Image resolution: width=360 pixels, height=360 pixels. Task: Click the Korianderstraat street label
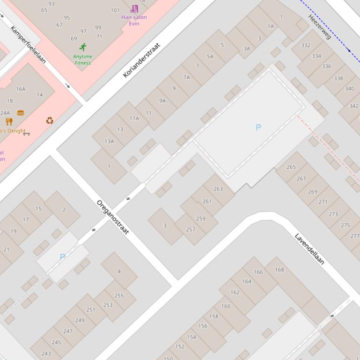pos(141,60)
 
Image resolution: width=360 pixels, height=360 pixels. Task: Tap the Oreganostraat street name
pos(112,217)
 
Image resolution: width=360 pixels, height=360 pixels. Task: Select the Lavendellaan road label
pos(309,249)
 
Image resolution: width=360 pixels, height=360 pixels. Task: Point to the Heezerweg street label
pos(320,27)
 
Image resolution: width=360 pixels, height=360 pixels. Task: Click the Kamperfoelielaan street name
pos(29,44)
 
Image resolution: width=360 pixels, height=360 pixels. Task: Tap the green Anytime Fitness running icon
pos(83,47)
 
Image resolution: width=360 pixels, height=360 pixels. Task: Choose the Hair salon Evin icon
pos(134,8)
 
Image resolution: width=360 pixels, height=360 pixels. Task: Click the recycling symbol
pos(50,121)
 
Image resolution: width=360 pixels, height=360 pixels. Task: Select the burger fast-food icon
pos(21,113)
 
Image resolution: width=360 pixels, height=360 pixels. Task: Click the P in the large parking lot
pos(258,127)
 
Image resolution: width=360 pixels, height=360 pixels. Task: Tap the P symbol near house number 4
pos(62,257)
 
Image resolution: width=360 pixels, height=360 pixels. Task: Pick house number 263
pos(218,189)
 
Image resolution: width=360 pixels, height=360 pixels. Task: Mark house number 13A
pos(109,141)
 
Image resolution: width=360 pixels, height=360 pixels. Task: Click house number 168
pos(279,269)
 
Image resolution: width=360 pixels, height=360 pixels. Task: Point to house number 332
pos(306,45)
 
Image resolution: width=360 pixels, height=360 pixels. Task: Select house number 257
pos(191,230)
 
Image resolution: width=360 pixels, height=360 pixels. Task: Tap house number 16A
pos(21,89)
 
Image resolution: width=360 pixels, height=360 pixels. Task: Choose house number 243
pos(46,353)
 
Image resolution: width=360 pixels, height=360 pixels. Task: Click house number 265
pos(291,167)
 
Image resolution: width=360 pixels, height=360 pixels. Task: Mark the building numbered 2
pos(64,209)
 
